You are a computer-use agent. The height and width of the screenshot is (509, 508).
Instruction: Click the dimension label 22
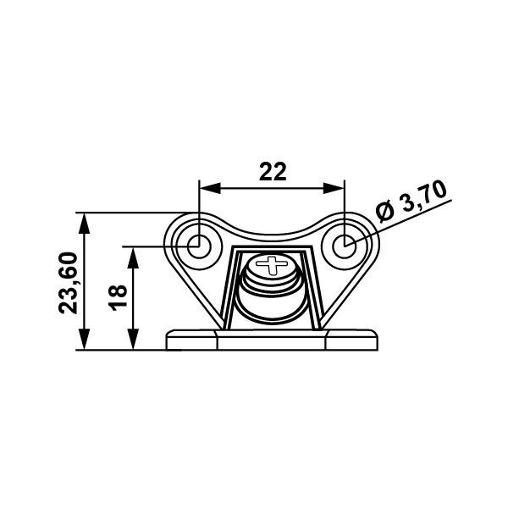click(x=273, y=171)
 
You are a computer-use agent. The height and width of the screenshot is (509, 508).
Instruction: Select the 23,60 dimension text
click(x=69, y=283)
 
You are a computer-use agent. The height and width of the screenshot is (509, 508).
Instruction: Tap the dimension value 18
click(x=118, y=297)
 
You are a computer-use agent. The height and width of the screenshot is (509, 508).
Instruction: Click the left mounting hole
click(x=199, y=246)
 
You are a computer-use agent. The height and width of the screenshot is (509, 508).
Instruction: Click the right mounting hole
click(x=345, y=246)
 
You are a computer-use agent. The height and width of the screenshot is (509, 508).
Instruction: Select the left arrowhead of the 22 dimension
click(x=210, y=188)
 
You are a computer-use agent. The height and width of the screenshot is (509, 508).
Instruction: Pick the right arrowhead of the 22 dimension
click(x=334, y=188)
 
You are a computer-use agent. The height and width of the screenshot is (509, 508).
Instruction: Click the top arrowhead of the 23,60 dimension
click(x=85, y=224)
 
